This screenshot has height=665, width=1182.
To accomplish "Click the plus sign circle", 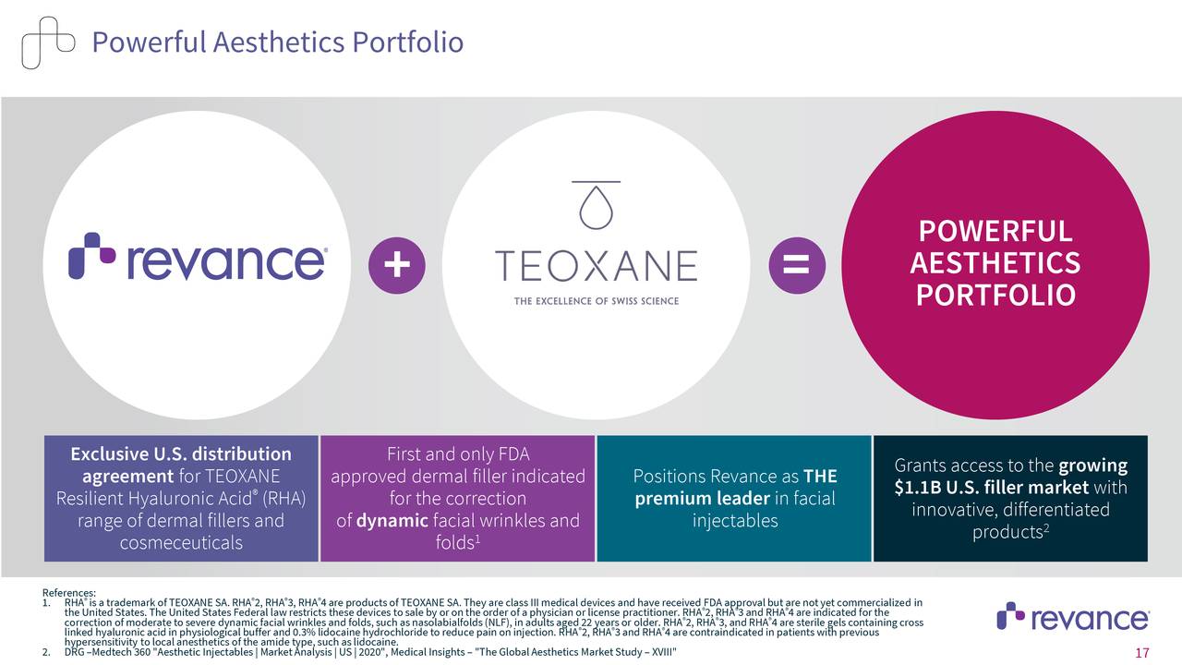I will (x=396, y=265).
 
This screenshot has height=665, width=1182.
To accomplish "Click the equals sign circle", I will (x=796, y=265).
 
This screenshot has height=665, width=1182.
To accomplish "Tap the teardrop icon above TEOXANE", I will (x=596, y=209).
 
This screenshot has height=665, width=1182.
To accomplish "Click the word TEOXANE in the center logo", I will (x=596, y=266).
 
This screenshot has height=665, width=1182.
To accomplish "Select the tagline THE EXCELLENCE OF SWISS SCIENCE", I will (x=596, y=301).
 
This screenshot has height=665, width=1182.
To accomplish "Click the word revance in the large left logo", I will (x=226, y=261).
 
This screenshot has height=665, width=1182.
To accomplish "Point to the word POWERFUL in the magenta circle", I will (x=995, y=231).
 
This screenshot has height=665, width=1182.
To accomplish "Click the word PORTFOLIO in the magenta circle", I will (x=995, y=296).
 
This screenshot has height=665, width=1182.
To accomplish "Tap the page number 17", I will (x=1141, y=653).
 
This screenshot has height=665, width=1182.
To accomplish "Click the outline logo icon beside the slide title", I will (x=48, y=42).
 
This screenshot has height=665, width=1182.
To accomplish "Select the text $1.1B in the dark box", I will (x=923, y=488).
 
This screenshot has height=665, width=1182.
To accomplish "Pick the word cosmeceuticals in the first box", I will (x=181, y=542).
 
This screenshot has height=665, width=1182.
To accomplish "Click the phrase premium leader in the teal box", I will (x=702, y=499).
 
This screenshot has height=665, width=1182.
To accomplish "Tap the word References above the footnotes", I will (x=68, y=593).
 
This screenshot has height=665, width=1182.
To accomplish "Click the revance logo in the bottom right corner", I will (x=1073, y=617).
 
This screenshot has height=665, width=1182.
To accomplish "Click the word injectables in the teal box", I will (x=735, y=521).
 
